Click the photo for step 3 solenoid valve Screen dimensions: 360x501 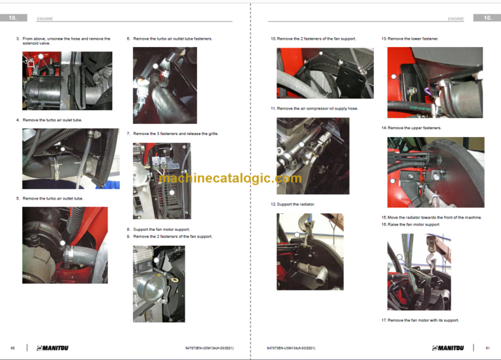pyautogui.click(x=67, y=81)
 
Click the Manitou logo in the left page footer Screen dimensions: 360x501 pyautogui.click(x=52, y=348)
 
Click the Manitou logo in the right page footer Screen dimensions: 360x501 pyautogui.click(x=457, y=348)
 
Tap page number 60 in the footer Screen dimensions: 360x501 pyautogui.click(x=13, y=348)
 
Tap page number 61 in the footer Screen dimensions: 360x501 pyautogui.click(x=488, y=348)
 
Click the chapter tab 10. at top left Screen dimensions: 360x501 pyautogui.click(x=14, y=18)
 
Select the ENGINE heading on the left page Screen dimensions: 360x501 pyautogui.click(x=45, y=19)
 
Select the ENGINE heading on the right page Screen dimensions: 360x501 pyautogui.click(x=455, y=19)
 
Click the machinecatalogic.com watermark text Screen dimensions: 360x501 pyautogui.click(x=230, y=178)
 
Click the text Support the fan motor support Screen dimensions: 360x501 pyautogui.click(x=161, y=230)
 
